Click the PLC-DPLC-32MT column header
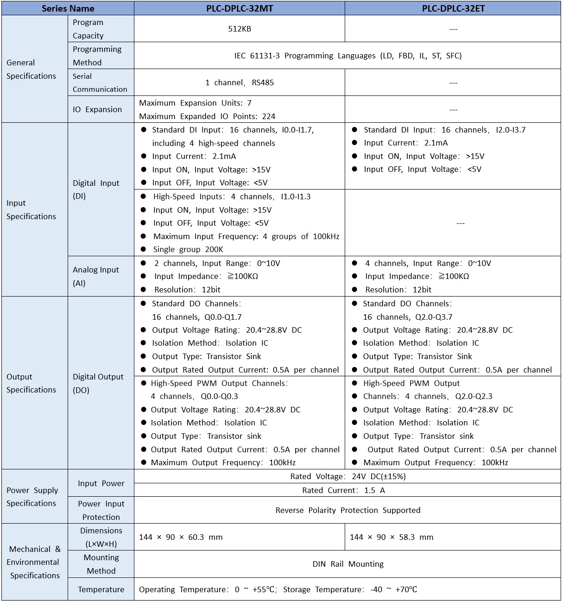tap(240, 8)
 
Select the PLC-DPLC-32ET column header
tap(453, 8)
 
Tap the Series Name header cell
tap(68, 8)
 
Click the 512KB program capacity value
tap(240, 29)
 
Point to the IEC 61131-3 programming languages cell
tap(347, 56)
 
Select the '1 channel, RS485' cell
tap(240, 82)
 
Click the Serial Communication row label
tap(100, 82)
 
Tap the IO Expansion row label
tap(97, 109)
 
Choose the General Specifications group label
tap(31, 69)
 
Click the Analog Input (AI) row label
tap(95, 276)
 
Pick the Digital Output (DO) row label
tap(98, 383)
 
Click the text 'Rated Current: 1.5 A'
tap(343, 490)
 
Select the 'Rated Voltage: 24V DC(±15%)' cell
tap(347, 476)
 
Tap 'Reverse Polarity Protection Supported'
tap(347, 510)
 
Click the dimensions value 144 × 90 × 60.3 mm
tap(181, 537)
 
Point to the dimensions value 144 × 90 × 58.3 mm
tap(392, 537)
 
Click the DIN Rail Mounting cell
tap(347, 564)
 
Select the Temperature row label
tap(101, 589)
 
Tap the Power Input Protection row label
tap(101, 510)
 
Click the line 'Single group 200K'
tap(188, 249)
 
